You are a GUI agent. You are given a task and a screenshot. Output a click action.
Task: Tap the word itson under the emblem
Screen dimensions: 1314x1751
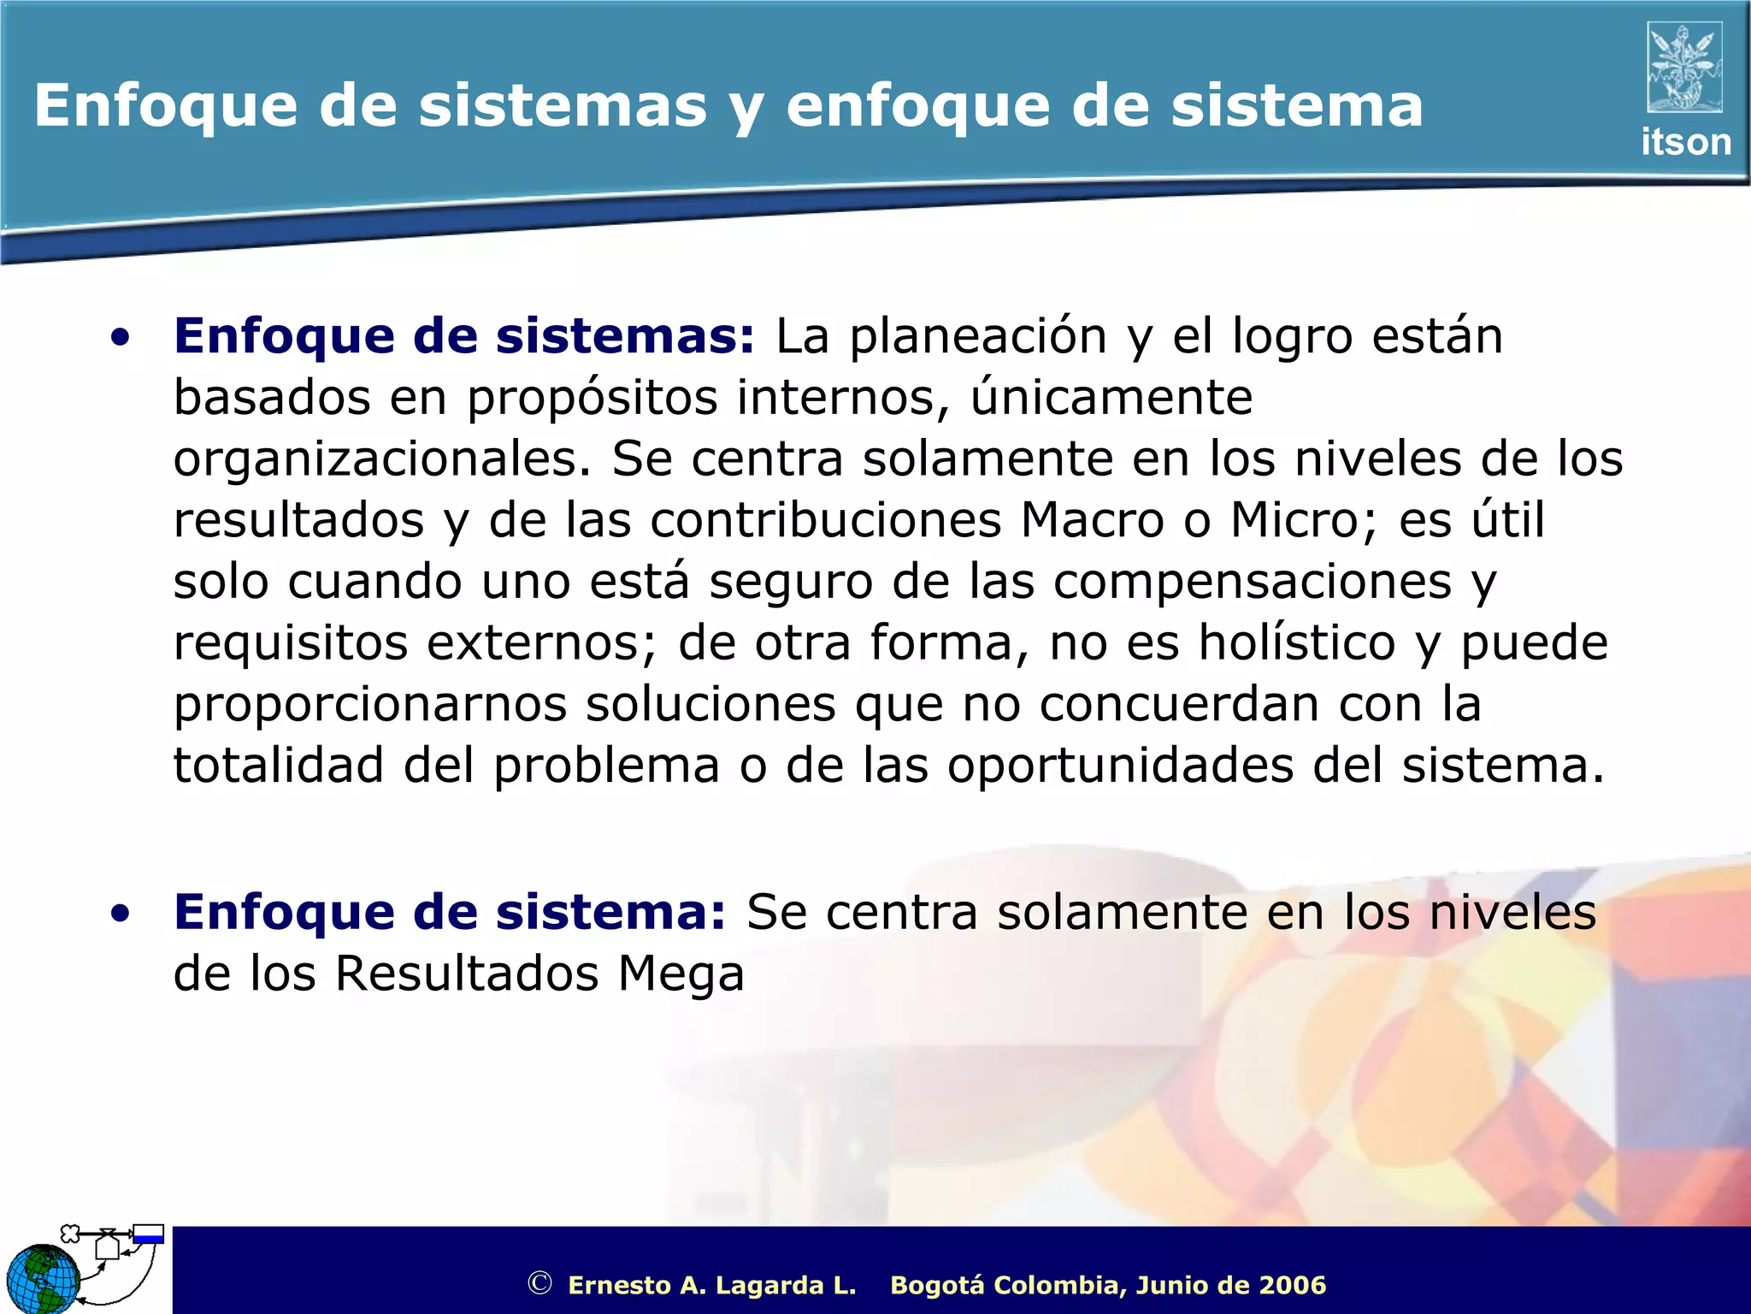point(1685,142)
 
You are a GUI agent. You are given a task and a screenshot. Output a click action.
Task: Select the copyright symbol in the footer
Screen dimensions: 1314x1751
point(539,1283)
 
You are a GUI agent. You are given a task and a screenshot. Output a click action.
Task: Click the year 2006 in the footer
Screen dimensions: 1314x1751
point(1292,1285)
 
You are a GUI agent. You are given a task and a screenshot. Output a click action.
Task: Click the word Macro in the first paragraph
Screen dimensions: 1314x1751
point(1092,520)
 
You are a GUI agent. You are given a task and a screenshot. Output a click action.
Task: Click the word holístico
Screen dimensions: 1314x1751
point(1296,643)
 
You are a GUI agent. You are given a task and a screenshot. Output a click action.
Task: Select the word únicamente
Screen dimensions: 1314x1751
point(1111,399)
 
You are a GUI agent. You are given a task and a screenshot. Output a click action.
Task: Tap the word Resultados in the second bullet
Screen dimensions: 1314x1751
point(466,974)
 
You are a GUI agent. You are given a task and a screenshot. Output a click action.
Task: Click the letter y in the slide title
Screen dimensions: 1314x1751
point(746,109)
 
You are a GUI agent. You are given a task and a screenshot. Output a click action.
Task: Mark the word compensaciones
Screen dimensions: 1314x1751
point(1252,582)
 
